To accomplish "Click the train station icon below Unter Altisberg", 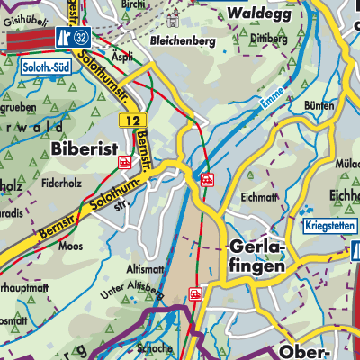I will tap(195, 293).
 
